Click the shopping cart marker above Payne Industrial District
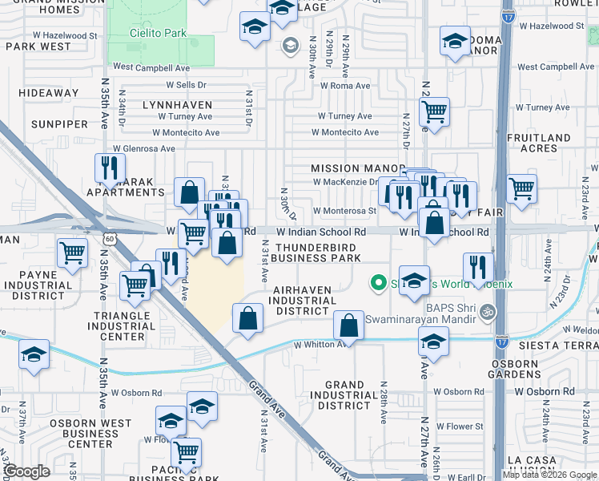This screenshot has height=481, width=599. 72,253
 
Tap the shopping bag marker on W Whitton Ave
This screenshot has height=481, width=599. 348,325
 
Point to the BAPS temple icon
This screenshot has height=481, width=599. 488,312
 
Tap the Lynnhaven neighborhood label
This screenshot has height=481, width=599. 177,105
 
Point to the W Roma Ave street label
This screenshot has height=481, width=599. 345,86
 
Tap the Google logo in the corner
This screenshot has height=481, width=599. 26,471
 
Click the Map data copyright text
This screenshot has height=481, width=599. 549,475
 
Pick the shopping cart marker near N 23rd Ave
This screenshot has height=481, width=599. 522,189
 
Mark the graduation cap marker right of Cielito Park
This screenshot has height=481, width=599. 255,27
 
